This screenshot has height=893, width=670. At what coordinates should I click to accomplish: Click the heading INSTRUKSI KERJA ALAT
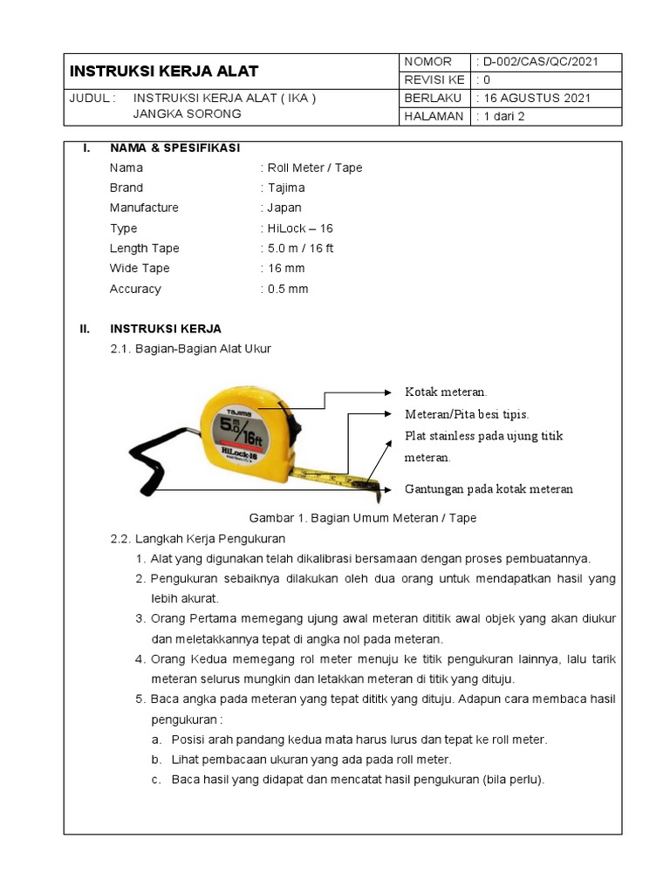click(x=164, y=72)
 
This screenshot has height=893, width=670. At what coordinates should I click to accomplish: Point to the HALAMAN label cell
click(x=434, y=117)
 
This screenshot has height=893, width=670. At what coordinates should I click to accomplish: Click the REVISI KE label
click(x=434, y=80)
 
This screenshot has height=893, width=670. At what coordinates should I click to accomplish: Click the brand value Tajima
click(x=284, y=187)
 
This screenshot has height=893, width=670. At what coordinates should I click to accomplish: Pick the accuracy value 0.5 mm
click(x=286, y=289)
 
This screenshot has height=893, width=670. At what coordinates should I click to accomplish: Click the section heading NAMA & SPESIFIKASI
click(x=174, y=147)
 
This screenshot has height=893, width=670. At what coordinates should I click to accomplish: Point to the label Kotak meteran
click(x=446, y=392)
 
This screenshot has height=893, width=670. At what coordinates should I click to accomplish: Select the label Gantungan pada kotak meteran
click(x=489, y=489)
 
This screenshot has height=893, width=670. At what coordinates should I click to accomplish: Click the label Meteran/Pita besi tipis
click(x=467, y=413)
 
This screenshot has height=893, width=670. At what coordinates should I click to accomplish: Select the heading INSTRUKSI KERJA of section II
click(x=166, y=329)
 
